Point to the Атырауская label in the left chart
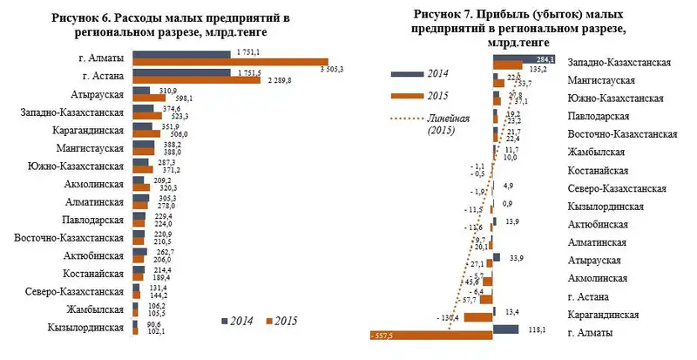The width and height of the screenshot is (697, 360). click(x=95, y=95)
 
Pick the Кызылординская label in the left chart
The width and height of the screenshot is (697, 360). click(x=85, y=328)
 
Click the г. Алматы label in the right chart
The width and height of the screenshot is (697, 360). click(x=592, y=333)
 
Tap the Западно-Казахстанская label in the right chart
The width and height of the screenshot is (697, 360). click(x=619, y=64)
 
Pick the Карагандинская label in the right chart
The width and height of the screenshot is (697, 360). click(x=606, y=315)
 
